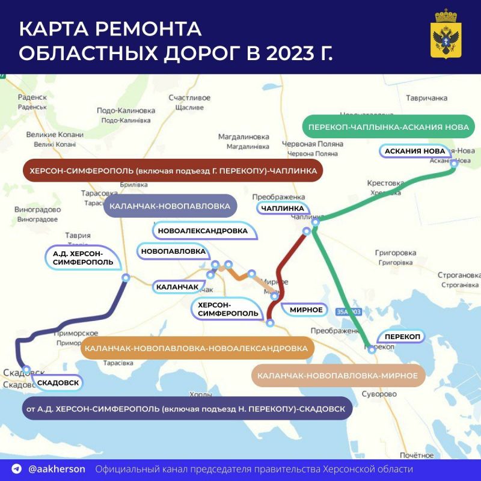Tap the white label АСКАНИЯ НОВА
[414, 151]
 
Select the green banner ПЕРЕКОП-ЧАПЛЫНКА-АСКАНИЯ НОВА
[388, 127]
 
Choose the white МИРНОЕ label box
[306, 310]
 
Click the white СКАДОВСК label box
[58, 382]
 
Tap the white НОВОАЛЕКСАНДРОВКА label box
[202, 230]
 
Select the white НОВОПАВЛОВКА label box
[173, 251]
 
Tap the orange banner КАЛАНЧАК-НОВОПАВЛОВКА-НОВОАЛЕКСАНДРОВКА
[196, 348]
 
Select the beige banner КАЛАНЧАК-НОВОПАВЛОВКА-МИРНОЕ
[337, 375]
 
